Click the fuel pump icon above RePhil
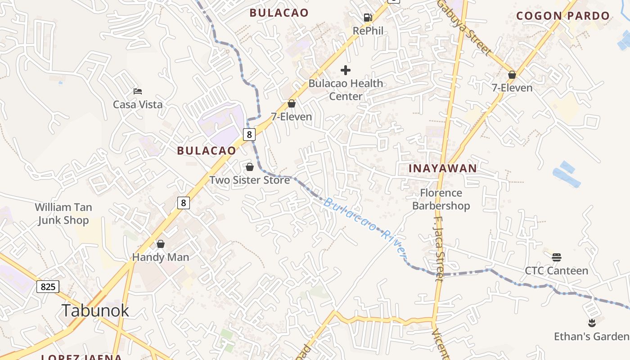pyautogui.click(x=368, y=18)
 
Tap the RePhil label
pyautogui.click(x=368, y=31)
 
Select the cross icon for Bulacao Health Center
pyautogui.click(x=346, y=70)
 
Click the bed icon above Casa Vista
pyautogui.click(x=138, y=91)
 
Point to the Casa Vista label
pyautogui.click(x=138, y=104)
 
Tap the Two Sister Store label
pyautogui.click(x=250, y=180)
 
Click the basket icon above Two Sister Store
pyautogui.click(x=250, y=167)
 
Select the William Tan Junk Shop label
pyautogui.click(x=63, y=214)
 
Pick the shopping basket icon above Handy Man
pyautogui.click(x=161, y=244)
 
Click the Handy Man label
pyautogui.click(x=161, y=257)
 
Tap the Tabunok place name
pyautogui.click(x=95, y=310)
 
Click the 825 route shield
pyautogui.click(x=48, y=287)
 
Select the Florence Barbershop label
pyautogui.click(x=441, y=199)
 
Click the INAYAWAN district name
pyautogui.click(x=442, y=168)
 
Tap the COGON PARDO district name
pyautogui.click(x=563, y=16)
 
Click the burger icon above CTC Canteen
pyautogui.click(x=557, y=257)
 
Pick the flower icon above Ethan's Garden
pyautogui.click(x=592, y=323)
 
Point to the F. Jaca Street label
pyautogui.click(x=439, y=249)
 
